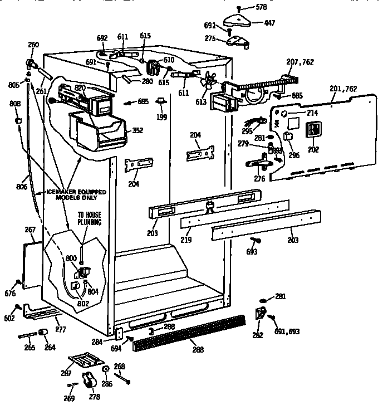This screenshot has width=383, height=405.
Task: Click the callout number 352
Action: click(136, 131)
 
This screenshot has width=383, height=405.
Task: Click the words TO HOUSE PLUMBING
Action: click(89, 219)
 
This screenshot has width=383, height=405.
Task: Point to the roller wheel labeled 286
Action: click(105, 372)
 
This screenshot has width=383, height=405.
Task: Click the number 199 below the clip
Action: click(161, 117)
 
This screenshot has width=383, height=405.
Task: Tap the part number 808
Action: click(15, 104)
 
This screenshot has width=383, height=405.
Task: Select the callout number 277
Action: click(60, 330)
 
